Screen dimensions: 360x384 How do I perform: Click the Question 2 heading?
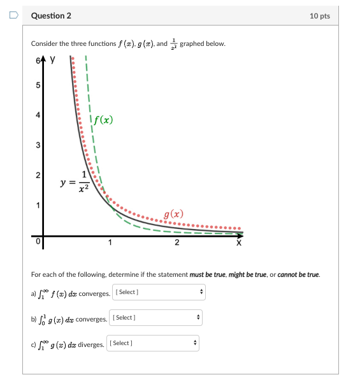click(x=51, y=15)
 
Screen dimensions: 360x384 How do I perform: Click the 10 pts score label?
click(x=319, y=15)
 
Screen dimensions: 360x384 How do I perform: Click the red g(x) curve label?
click(x=173, y=215)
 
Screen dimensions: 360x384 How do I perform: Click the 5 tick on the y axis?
click(x=38, y=85)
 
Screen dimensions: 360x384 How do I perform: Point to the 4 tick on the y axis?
click(x=38, y=115)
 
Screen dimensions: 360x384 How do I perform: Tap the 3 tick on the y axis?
click(x=38, y=145)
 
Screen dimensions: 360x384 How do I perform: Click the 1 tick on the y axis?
click(x=38, y=205)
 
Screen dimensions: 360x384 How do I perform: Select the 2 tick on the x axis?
click(x=177, y=242)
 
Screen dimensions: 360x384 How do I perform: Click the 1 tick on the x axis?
click(x=110, y=242)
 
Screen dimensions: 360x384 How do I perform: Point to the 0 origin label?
click(x=38, y=241)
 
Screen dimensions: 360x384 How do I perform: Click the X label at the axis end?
click(x=239, y=242)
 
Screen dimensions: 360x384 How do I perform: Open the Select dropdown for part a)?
click(x=159, y=292)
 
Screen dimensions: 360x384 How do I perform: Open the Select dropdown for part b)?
click(x=156, y=317)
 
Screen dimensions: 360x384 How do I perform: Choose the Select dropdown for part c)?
click(x=153, y=343)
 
